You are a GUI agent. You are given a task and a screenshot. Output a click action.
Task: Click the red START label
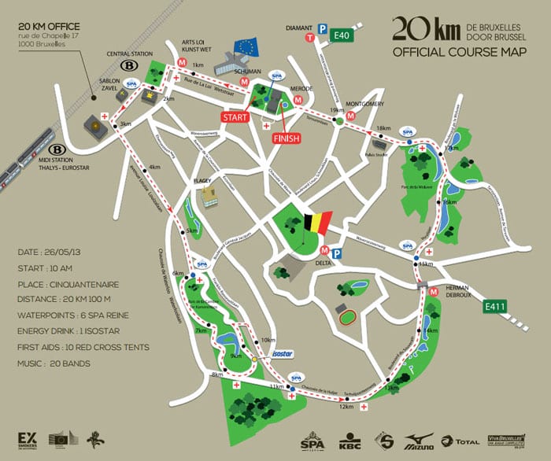pos(235,117)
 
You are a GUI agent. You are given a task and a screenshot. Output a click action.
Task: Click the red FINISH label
pos(287,138)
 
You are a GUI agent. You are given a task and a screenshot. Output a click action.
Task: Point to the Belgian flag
pos(319,219)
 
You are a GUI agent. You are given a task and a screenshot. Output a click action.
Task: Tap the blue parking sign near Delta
pos(337,253)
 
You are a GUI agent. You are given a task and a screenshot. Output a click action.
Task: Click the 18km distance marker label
pos(383,128)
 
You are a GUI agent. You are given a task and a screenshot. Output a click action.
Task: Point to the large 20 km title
pos(420,28)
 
